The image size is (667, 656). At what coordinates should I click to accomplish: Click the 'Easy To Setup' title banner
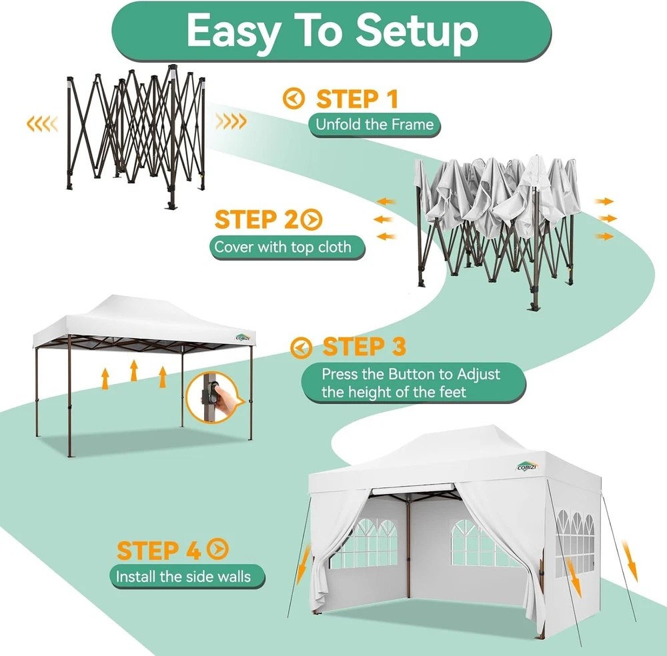coord(331,31)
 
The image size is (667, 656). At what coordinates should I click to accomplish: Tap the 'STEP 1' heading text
coord(357,99)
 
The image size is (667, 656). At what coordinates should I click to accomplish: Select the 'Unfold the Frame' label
coord(374,125)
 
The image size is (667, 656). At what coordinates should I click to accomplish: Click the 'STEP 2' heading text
coord(257,219)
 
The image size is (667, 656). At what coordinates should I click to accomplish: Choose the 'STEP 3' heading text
coord(364,347)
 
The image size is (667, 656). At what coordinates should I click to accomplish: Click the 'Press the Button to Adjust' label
coord(411,374)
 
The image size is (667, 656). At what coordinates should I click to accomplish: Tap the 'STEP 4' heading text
coord(159,551)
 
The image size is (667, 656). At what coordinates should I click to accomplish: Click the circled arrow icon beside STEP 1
coord(294,99)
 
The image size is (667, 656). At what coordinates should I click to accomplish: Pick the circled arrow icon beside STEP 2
coord(311,219)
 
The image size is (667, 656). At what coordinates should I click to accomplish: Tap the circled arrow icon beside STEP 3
coord(301,347)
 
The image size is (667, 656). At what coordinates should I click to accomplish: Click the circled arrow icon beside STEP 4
coord(217,549)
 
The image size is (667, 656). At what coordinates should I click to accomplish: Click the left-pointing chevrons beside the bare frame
coord(42,124)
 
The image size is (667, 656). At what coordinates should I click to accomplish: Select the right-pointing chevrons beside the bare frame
coord(231,121)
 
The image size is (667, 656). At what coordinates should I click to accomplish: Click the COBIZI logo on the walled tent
coord(527,467)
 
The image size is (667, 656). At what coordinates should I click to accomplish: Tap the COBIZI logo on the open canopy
coord(243,337)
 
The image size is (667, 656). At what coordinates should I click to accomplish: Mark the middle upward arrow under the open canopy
coord(134,370)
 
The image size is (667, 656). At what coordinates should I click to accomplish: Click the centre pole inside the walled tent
coord(408,549)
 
